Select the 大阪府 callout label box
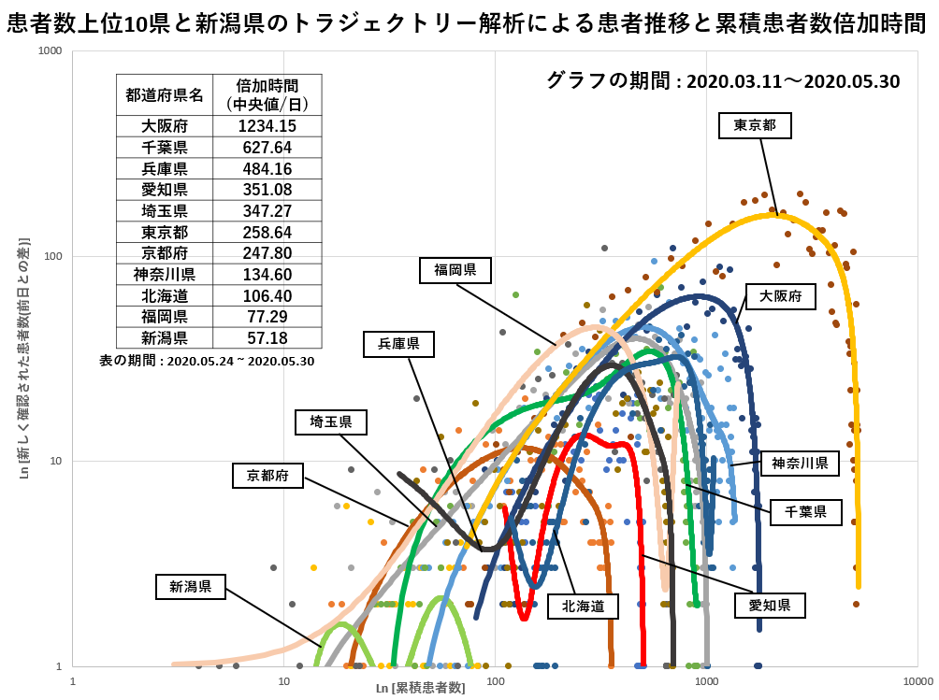pyautogui.click(x=781, y=297)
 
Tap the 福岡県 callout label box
pyautogui.click(x=456, y=271)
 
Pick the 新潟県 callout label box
pyautogui.click(x=191, y=587)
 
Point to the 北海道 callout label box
pyautogui.click(x=584, y=607)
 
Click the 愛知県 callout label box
pyautogui.click(x=770, y=606)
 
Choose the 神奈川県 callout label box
pyautogui.click(x=800, y=463)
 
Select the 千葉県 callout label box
pyautogui.click(x=805, y=511)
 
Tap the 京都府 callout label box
pyautogui.click(x=268, y=476)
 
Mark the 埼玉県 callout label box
pyautogui.click(x=331, y=422)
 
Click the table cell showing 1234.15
pyautogui.click(x=267, y=126)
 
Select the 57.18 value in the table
pyautogui.click(x=267, y=337)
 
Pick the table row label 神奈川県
pyautogui.click(x=165, y=274)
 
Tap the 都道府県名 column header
pyautogui.click(x=165, y=94)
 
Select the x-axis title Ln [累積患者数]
pyautogui.click(x=420, y=688)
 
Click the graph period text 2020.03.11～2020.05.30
pyautogui.click(x=793, y=81)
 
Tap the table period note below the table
pyautogui.click(x=207, y=360)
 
